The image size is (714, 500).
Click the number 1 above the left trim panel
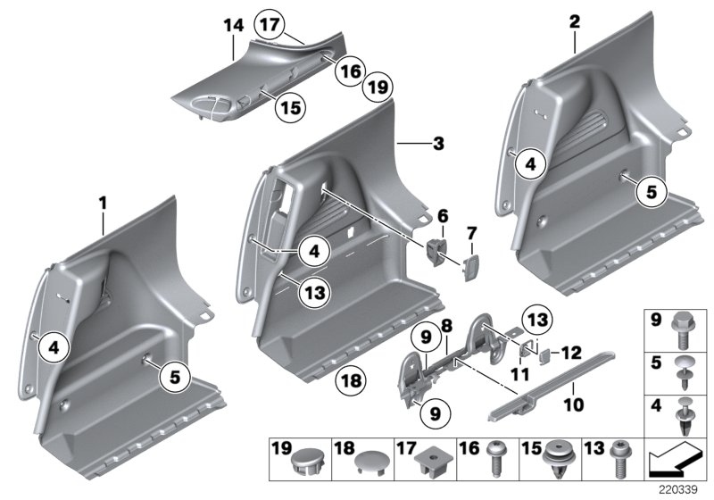pos(103,204)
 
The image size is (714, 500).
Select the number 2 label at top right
pos(575,21)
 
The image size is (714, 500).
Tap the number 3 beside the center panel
pos(437,144)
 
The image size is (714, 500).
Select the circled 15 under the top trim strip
pos(288,107)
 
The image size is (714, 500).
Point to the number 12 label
pos(571,354)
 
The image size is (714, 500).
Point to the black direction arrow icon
pos(675,462)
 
